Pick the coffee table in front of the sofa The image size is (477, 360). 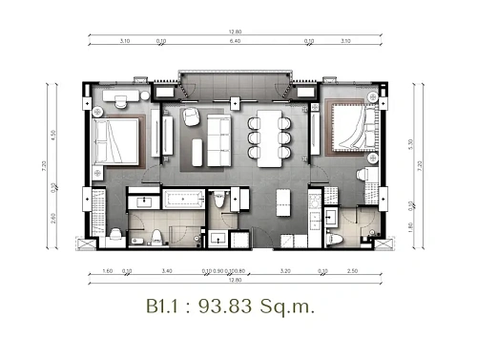click(x=197, y=150)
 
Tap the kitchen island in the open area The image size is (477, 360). click(x=282, y=202)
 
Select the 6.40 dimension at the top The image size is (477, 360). click(x=235, y=42)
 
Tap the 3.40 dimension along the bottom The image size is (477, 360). click(x=168, y=271)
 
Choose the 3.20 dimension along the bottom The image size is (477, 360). click(x=285, y=271)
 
